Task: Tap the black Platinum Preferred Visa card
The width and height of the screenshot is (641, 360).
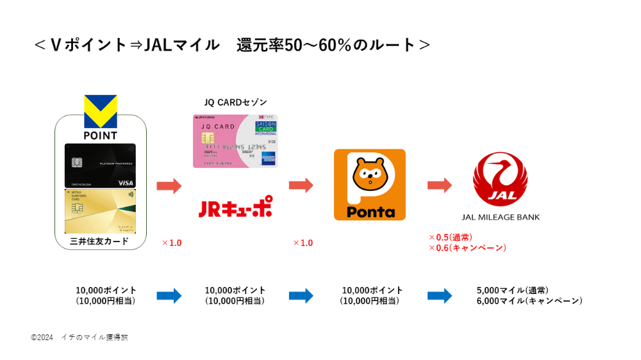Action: (x=100, y=165)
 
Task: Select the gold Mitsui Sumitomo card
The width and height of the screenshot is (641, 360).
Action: (x=100, y=211)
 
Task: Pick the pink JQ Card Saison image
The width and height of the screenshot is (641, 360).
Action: (x=235, y=141)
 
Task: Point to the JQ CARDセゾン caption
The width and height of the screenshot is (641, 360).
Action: (x=235, y=102)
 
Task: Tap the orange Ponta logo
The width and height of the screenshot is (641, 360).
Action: (x=370, y=184)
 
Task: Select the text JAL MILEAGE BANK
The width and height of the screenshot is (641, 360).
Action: (x=501, y=217)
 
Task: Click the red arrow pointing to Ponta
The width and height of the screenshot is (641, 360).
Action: (x=301, y=186)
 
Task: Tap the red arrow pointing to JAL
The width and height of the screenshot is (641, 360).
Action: (x=440, y=186)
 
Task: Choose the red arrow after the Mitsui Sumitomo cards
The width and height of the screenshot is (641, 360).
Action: (x=169, y=186)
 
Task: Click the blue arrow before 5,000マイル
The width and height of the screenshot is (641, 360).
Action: (x=440, y=296)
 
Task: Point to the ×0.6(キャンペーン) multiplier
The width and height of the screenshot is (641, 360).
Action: (x=467, y=248)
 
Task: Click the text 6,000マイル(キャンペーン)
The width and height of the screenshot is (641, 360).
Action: (x=529, y=301)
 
